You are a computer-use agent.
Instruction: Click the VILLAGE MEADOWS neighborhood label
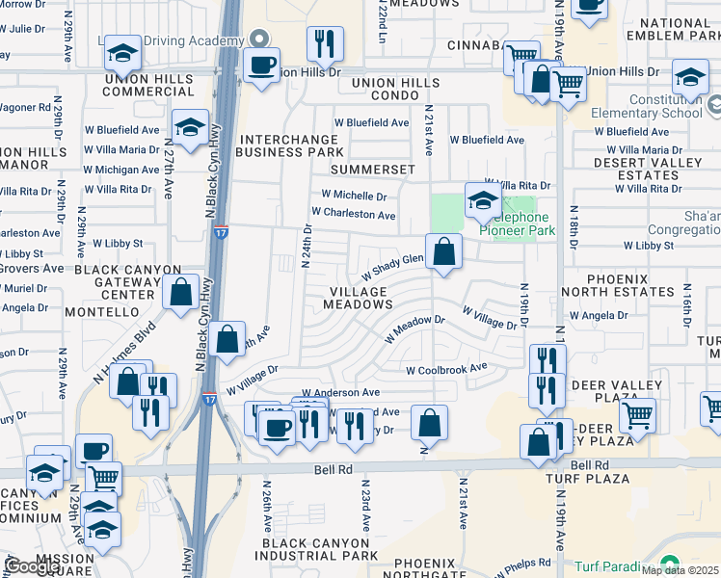click(x=361, y=297)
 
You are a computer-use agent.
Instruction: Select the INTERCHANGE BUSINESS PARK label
click(x=289, y=145)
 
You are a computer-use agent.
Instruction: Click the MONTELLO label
click(x=104, y=312)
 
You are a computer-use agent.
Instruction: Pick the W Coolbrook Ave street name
click(x=446, y=369)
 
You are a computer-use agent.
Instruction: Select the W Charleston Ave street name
click(x=353, y=214)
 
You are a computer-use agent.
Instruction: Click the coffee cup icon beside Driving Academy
click(x=260, y=66)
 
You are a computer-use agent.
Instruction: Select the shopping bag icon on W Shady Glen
click(x=443, y=252)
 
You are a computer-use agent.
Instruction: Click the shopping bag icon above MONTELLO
click(x=180, y=291)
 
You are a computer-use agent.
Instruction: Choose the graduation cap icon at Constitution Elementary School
click(x=690, y=77)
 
